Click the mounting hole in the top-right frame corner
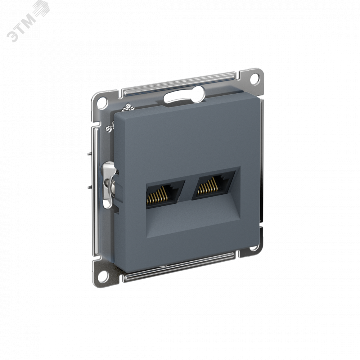255,78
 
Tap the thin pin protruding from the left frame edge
89,153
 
